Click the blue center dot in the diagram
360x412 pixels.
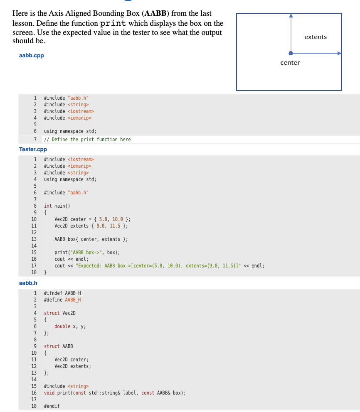(x=291, y=53)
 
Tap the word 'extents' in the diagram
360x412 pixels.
(x=316, y=37)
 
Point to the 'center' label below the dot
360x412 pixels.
(x=290, y=63)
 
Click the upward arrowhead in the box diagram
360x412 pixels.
(x=291, y=16)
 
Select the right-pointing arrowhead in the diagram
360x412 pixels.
(x=339, y=53)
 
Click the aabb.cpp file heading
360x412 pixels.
(x=32, y=55)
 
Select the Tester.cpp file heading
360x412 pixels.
(x=33, y=149)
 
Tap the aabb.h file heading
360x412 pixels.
(x=28, y=283)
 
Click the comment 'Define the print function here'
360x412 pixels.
(x=87, y=140)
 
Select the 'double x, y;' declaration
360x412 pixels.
(x=70, y=326)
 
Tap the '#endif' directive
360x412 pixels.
(x=52, y=406)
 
